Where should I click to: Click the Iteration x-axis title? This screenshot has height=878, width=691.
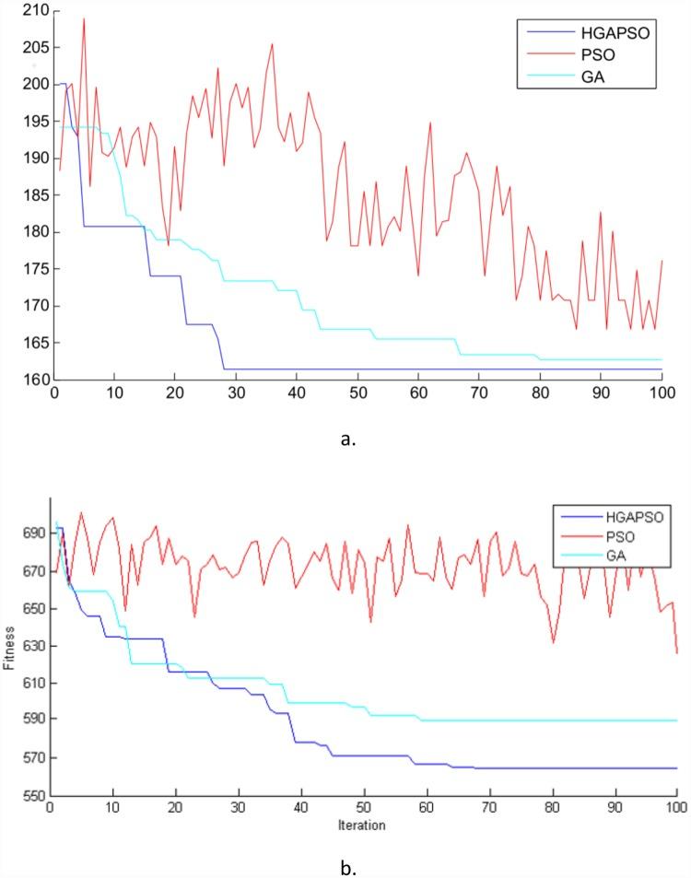pyautogui.click(x=361, y=825)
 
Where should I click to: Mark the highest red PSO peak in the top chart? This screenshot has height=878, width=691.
pyautogui.click(x=84, y=18)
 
